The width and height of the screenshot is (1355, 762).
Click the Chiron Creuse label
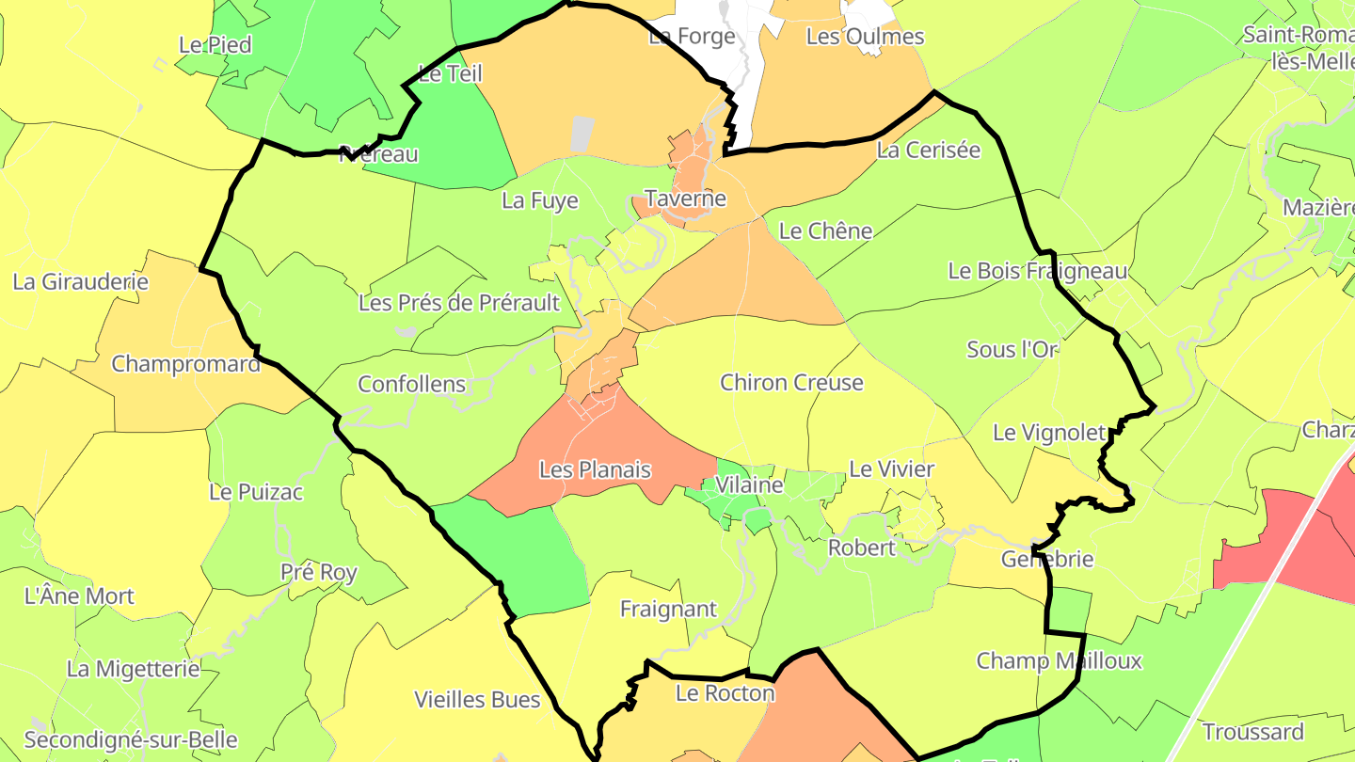point(791,383)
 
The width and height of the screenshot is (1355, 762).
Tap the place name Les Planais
point(595,469)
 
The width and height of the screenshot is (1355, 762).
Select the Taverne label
point(685,198)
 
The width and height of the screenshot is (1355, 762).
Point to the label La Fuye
point(540,200)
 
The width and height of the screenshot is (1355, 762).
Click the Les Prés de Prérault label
point(459,304)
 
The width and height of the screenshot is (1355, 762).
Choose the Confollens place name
point(412,385)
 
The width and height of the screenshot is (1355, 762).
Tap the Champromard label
point(186,364)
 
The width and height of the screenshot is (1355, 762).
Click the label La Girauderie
point(81,281)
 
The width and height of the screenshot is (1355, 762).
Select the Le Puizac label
point(256,492)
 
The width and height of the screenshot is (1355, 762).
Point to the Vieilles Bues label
point(478,700)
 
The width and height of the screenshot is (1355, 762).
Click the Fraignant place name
point(669,610)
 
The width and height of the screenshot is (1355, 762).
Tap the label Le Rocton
point(725,694)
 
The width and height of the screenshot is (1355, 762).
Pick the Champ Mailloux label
point(1059,661)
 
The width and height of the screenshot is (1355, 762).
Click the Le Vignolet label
point(1050,433)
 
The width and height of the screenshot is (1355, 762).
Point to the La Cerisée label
point(929,151)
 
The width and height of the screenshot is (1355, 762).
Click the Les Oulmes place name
point(866,37)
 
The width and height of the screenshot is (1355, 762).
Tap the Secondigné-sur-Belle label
point(131,740)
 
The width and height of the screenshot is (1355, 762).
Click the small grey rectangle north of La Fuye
point(583,134)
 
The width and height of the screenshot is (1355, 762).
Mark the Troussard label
point(1253,732)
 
